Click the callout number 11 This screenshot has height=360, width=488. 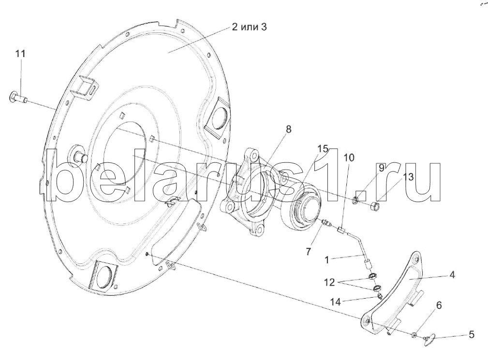coord(20,54)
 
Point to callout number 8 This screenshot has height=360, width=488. coord(288,129)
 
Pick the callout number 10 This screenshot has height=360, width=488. coord(349,158)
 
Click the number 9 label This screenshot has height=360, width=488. coord(381,168)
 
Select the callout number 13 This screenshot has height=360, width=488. coord(408,177)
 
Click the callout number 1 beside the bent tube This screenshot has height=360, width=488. coord(327,259)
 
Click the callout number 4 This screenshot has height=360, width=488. coord(452,275)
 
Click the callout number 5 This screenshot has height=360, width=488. coord(471,334)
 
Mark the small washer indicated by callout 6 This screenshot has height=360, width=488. coord(414,335)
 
